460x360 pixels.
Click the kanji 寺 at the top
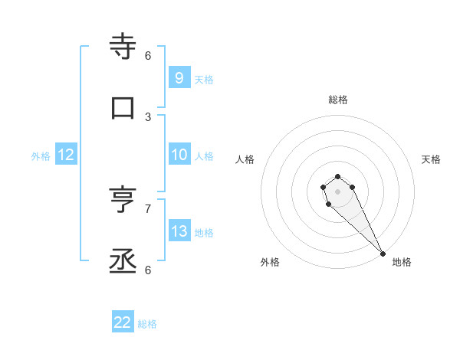(123, 46)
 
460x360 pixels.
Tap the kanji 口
(123, 107)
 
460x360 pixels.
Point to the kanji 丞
(123, 261)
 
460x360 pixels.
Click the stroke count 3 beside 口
(148, 116)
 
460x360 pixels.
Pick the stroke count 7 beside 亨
(148, 208)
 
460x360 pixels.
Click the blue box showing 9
(179, 77)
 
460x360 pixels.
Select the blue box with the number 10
(179, 155)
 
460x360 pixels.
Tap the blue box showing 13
(179, 231)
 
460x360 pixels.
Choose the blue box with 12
(66, 155)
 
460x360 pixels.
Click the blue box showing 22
(123, 322)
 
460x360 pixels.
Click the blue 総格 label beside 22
(147, 324)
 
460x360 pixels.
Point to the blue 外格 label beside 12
(41, 156)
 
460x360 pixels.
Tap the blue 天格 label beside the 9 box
(204, 79)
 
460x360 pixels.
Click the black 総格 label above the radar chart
(338, 100)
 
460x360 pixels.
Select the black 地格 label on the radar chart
(402, 262)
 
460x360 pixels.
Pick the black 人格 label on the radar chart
(245, 159)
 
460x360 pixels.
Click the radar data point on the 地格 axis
(383, 253)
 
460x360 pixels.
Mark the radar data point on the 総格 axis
(338, 175)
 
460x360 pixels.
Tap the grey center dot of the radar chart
(338, 191)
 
